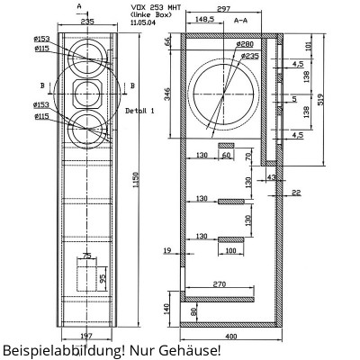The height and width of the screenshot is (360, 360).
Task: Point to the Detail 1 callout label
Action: [x=140, y=110]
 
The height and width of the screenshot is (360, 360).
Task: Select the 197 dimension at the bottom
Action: [x=86, y=334]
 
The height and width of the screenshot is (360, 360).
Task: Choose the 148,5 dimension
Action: [x=203, y=18]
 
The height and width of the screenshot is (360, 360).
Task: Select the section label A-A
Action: [x=241, y=18]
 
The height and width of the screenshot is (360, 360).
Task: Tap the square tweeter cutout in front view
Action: [x=87, y=92]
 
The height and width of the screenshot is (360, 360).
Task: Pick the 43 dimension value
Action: [x=271, y=177]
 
